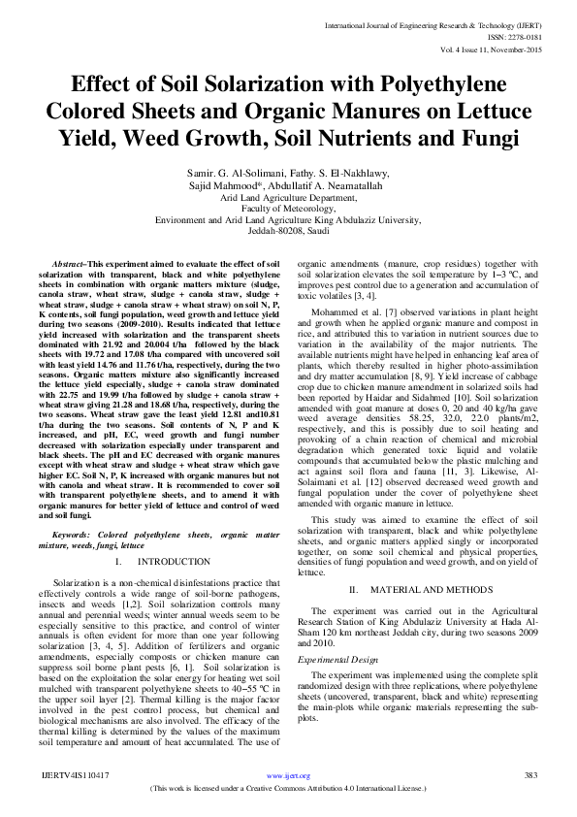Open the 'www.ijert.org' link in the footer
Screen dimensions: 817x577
click(x=288, y=776)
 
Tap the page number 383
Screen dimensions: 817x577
click(x=530, y=776)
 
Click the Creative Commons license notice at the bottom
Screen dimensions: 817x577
click(x=288, y=789)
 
